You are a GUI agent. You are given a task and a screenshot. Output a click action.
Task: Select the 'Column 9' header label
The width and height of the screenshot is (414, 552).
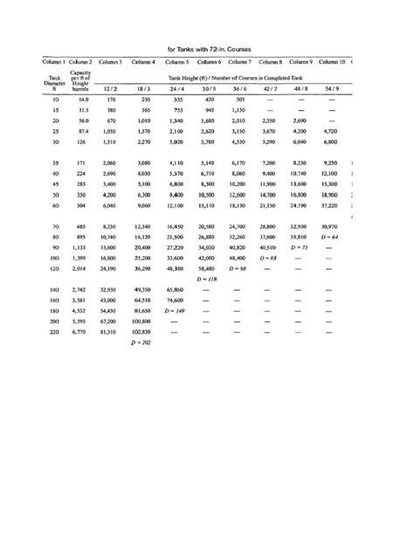[x=300, y=63]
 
